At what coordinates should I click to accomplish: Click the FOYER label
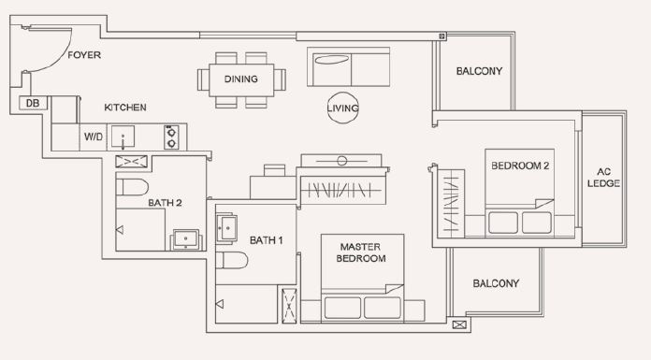point(84,55)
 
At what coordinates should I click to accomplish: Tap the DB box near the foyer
point(33,103)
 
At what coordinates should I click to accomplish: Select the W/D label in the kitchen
point(94,137)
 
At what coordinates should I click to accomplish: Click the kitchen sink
point(123,137)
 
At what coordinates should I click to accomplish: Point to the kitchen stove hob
point(171,137)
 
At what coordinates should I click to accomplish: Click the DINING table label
point(240,79)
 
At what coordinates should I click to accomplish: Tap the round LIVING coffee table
point(342,108)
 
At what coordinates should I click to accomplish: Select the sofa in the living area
point(348,66)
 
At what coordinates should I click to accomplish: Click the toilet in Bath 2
point(132,187)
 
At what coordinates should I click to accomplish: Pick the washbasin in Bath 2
point(185,239)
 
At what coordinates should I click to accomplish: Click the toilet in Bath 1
point(232,260)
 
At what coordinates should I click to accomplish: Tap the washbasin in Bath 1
point(226,228)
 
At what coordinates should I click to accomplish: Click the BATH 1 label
point(267,240)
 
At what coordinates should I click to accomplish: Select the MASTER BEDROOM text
point(361,252)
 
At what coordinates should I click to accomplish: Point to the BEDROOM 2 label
point(520,166)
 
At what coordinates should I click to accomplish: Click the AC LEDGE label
point(603,178)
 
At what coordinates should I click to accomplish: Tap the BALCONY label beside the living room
point(479,71)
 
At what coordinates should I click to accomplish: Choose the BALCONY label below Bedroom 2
point(496,283)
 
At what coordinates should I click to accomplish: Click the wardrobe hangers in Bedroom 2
point(451,204)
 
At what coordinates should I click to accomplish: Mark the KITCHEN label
point(125,108)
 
